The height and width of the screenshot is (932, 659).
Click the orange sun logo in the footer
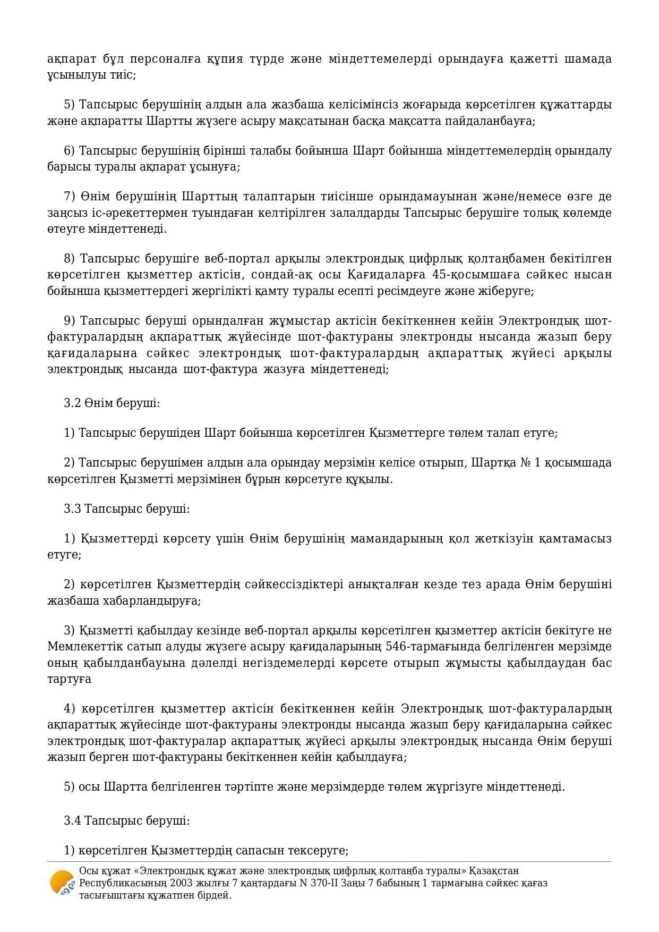click(x=62, y=883)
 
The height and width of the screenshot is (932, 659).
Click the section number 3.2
click(x=72, y=403)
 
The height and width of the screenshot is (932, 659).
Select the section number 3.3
click(x=72, y=509)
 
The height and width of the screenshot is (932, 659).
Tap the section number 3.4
click(x=72, y=820)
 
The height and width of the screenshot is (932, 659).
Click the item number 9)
click(x=70, y=321)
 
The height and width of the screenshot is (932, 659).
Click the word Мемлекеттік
click(x=84, y=647)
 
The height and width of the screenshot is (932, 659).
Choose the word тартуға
click(x=69, y=679)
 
